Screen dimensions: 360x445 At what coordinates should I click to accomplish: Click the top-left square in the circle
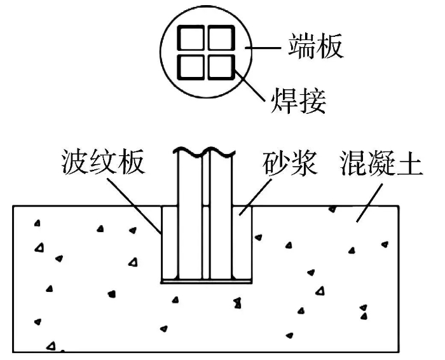(190, 39)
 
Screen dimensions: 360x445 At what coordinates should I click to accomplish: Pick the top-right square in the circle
(219, 39)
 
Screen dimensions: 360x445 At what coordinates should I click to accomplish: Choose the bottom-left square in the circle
(190, 67)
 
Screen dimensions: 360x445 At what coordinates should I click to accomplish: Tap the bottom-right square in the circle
(219, 67)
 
